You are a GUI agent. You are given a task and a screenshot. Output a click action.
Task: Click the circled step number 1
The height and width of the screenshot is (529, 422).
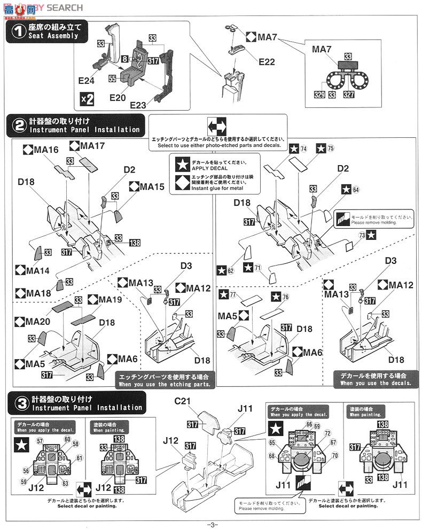18,32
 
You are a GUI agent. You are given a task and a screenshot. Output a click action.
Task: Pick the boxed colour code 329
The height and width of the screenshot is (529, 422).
319,94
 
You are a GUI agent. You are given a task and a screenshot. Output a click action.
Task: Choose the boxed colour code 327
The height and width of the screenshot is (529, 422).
363,94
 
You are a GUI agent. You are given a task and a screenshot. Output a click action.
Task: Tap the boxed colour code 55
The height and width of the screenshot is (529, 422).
112,78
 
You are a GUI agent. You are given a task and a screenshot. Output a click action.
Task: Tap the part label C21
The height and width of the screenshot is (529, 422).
197,401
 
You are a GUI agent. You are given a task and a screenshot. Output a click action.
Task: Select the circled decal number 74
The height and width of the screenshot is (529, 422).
303,149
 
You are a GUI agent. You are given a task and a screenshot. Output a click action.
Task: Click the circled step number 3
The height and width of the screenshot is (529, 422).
18,403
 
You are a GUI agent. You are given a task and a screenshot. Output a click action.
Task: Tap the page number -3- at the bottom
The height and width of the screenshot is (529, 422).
212,524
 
